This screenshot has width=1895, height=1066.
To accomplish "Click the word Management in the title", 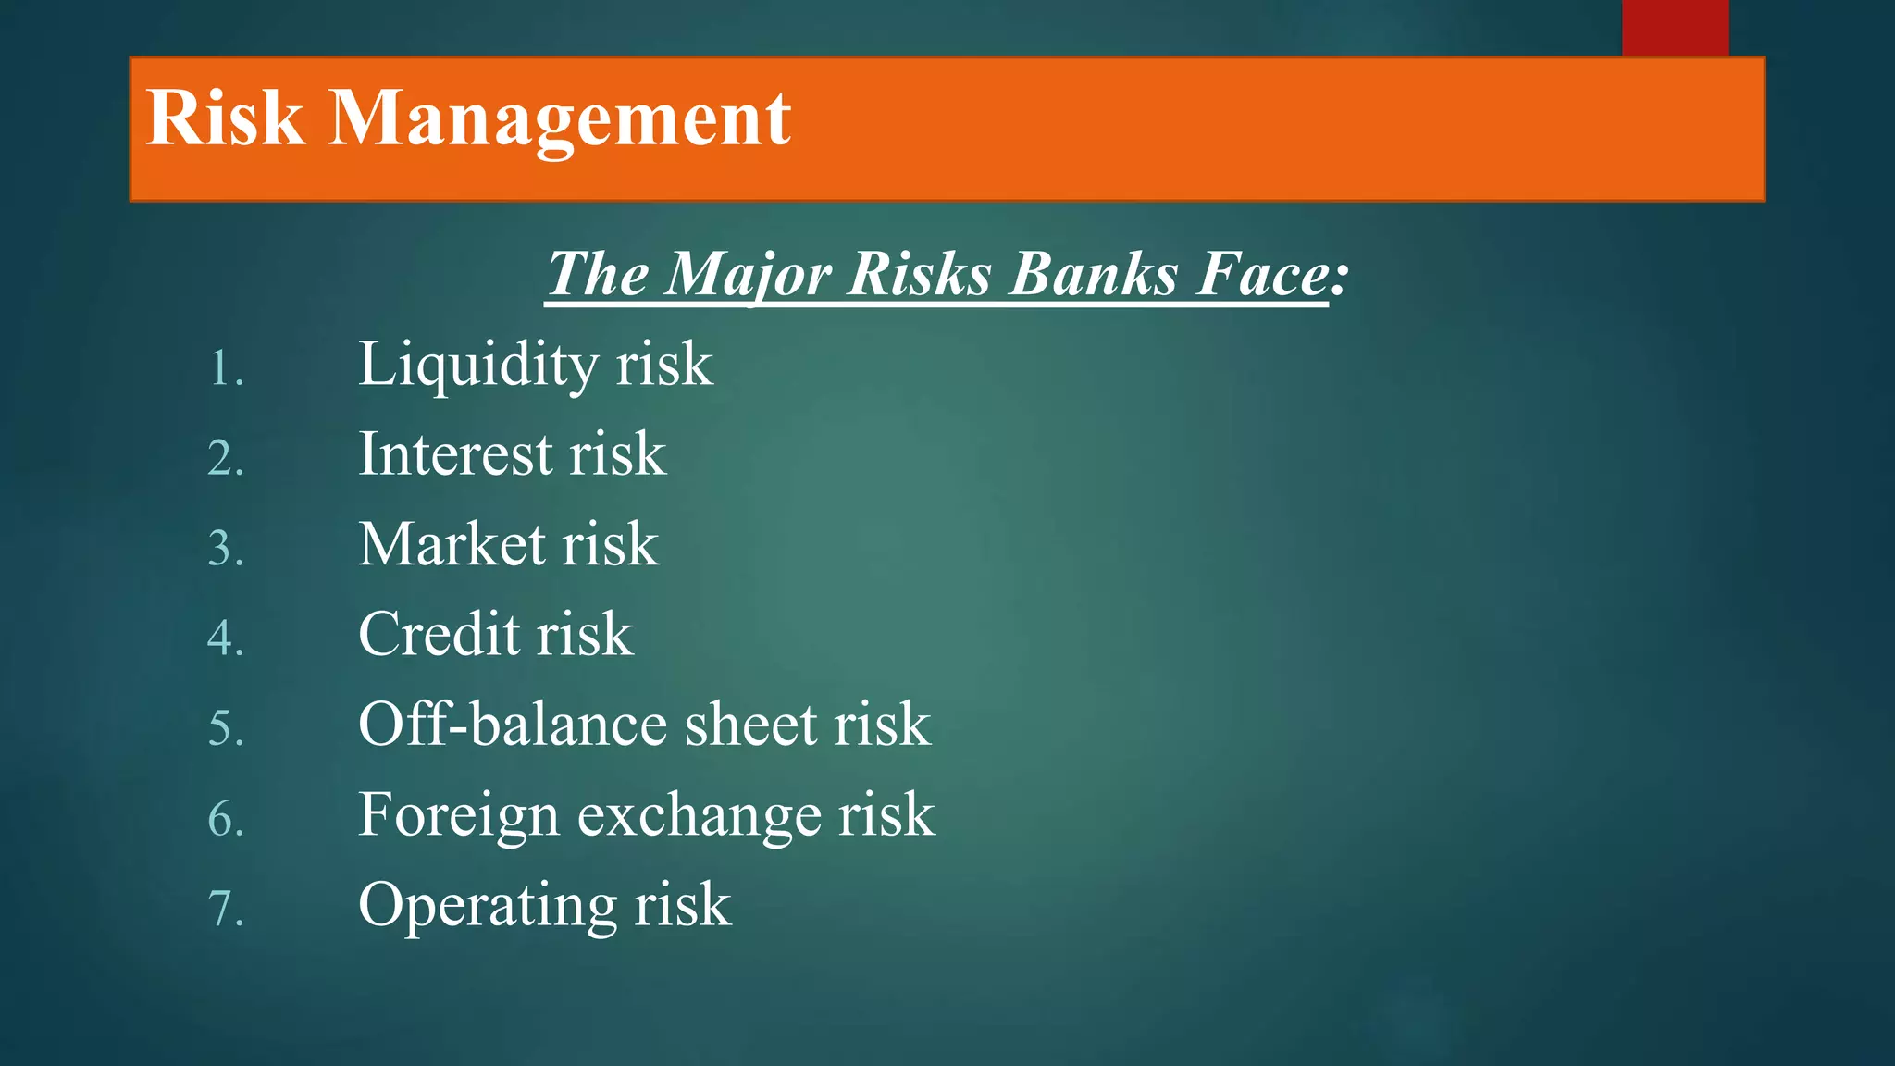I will point(560,120).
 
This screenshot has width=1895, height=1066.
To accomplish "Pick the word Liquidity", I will point(477,366).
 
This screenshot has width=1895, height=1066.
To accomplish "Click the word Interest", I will point(455,454).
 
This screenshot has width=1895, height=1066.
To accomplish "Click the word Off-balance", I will point(512,724).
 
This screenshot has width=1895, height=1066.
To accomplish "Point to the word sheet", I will point(750,724).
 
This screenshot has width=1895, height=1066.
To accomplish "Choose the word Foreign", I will point(458,816).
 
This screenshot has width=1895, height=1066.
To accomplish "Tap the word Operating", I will point(487,906).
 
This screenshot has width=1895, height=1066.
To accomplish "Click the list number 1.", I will point(226,369).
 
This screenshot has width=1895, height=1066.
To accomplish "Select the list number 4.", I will point(226,638).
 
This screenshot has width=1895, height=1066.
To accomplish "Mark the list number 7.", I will point(226,909).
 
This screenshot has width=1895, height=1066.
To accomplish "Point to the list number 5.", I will point(226,728).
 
